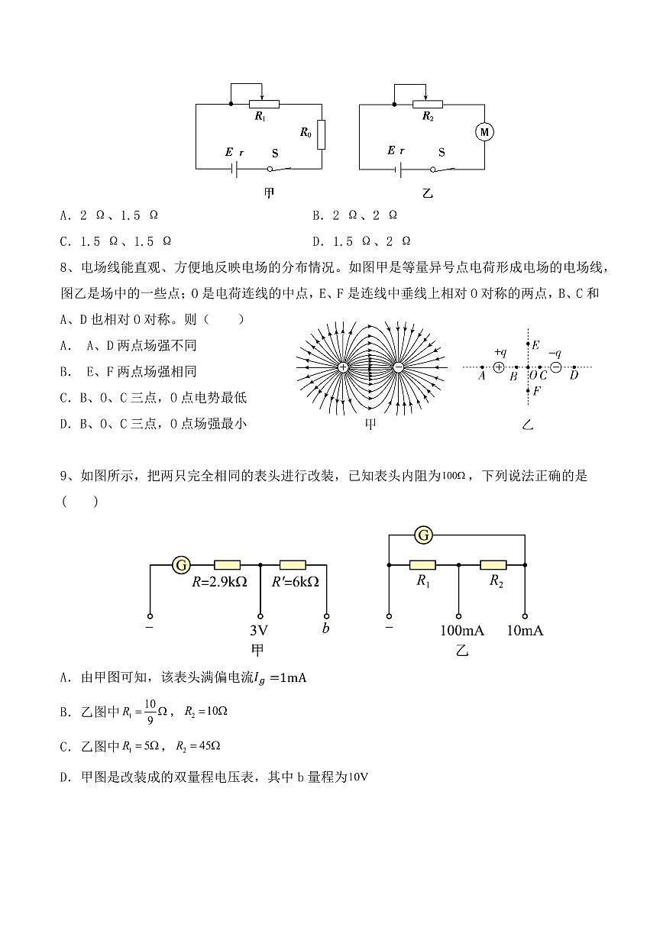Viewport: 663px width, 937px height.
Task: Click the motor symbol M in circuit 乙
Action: (484, 132)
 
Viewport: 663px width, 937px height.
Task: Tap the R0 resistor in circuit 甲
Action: (322, 134)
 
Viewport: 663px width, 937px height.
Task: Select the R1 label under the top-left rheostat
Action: (260, 117)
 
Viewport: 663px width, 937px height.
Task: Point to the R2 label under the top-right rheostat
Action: (428, 117)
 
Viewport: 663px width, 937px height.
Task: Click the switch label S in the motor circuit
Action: (441, 151)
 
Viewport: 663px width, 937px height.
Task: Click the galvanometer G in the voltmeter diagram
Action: (181, 565)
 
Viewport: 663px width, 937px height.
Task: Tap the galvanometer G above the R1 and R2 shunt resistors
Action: (423, 535)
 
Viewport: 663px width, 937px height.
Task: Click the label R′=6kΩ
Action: (296, 581)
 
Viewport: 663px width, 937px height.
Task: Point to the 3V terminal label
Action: (260, 632)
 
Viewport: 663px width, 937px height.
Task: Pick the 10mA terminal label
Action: (526, 631)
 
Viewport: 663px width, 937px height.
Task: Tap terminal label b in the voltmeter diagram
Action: (326, 628)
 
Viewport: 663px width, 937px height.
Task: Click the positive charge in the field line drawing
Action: (343, 367)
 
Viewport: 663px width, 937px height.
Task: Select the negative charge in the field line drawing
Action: (398, 367)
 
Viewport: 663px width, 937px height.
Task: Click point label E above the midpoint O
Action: (536, 345)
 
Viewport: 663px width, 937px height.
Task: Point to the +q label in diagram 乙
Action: (500, 352)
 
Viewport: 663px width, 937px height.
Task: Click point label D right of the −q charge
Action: (574, 375)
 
